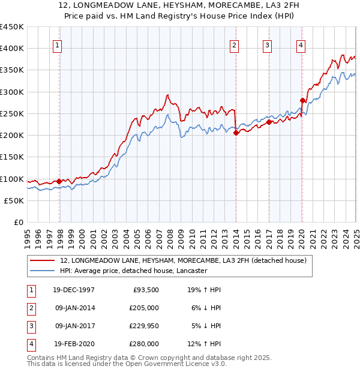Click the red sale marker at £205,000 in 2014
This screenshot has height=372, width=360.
(x=236, y=133)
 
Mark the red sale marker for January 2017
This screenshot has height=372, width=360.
(x=269, y=122)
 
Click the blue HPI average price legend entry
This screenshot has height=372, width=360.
(x=133, y=271)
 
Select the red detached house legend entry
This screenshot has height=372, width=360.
(x=183, y=260)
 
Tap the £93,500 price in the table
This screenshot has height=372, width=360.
(x=145, y=290)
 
